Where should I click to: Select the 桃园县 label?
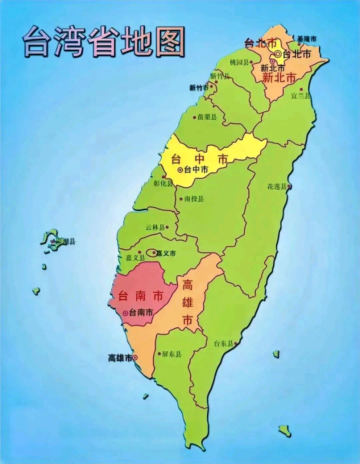tap(239, 62)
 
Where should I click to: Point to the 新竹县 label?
tap(220, 76)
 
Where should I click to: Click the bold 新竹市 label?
tap(199, 88)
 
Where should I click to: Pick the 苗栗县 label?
tap(207, 117)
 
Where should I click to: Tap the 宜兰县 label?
tap(301, 96)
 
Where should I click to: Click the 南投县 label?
tap(194, 199)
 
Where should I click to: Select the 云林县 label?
tap(155, 228)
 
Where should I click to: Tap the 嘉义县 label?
tap(135, 258)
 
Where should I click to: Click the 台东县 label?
tap(223, 344)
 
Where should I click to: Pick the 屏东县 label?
tap(172, 354)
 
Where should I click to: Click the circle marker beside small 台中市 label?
tap(180, 170)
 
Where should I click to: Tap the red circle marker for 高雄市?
tap(135, 358)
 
